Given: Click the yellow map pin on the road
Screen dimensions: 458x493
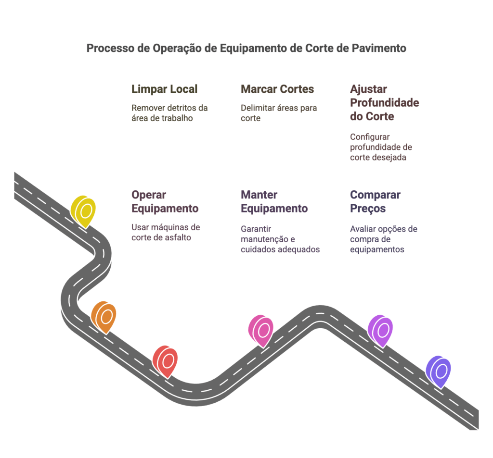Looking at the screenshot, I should pos(83,210).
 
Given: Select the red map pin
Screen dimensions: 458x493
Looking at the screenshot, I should pos(165,360).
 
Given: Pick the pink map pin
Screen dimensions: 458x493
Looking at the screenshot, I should pos(261,330).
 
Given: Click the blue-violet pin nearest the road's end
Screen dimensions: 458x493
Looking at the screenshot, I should pos(438,371).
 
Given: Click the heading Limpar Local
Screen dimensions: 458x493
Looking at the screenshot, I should pos(164,89).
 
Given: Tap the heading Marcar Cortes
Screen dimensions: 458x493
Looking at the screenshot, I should pos(277,89).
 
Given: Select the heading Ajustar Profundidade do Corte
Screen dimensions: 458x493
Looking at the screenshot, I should pos(384,102).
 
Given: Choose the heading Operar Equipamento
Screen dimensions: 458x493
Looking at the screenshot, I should pos(165,201).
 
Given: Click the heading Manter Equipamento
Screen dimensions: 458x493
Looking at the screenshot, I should pos(274,201).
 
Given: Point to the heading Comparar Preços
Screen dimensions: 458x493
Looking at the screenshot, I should pos(375,201).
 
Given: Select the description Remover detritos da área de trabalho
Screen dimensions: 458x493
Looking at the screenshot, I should pos(169,113).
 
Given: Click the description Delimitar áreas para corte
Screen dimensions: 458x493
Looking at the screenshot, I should pos(279,113).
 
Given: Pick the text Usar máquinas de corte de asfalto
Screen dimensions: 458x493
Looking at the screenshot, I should pos(166,232).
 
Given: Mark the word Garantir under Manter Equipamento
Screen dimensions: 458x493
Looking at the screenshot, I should pos(256,229).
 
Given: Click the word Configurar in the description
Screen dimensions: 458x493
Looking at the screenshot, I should pos(370,137).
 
